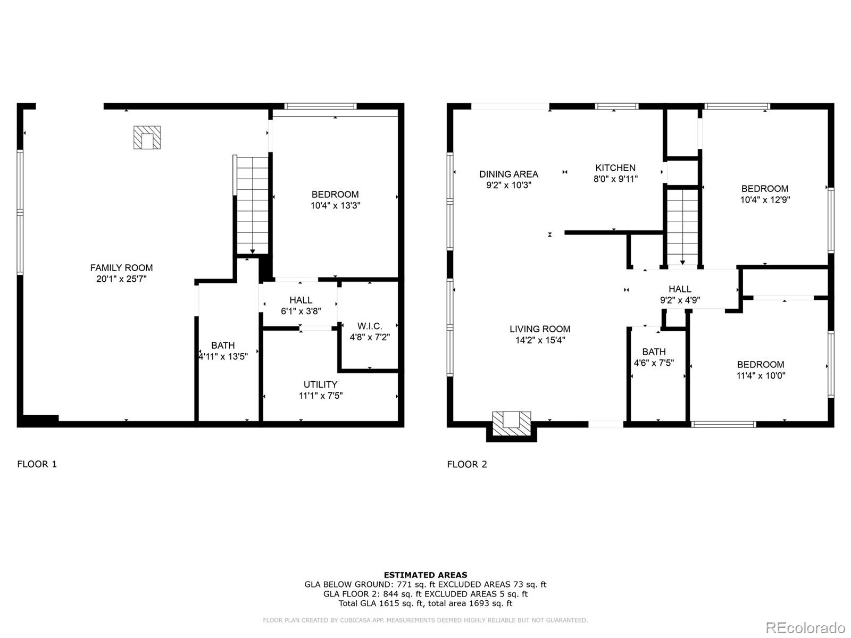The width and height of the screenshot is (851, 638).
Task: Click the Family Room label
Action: [121, 268]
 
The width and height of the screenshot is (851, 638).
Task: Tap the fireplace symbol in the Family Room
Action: [147, 138]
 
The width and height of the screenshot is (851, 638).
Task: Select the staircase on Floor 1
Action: [252, 204]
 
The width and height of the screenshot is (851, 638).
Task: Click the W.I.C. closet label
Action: [370, 326]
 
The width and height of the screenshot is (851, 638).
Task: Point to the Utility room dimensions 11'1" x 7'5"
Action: [320, 396]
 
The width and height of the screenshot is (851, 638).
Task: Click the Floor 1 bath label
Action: [223, 346]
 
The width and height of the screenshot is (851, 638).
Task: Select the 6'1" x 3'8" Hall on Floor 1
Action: [301, 306]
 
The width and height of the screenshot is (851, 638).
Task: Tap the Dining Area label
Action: [508, 174]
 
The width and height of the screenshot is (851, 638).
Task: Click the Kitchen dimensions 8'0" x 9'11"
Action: [615, 179]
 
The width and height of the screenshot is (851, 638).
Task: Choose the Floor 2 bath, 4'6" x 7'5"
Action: [654, 357]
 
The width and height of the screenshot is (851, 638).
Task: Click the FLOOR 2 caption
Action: [467, 464]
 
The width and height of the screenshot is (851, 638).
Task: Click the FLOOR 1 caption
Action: [37, 464]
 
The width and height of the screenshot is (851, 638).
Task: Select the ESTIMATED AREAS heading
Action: [425, 575]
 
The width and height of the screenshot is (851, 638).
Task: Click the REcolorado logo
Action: [805, 627]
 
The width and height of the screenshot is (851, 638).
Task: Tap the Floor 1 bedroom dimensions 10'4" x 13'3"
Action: [335, 206]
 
